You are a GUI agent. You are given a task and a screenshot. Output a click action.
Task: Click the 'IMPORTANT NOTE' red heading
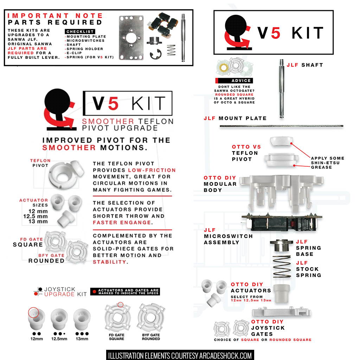coord(55,16)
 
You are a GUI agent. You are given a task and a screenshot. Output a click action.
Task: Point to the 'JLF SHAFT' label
coord(304,65)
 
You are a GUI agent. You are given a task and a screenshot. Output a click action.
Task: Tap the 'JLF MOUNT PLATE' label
coord(235,118)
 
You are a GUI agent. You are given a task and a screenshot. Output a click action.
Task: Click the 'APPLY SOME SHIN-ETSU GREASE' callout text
coord(327,162)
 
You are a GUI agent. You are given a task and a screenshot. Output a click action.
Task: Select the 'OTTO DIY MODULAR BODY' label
coord(220,184)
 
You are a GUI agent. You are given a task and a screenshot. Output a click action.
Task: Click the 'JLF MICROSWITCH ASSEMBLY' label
coord(228,236)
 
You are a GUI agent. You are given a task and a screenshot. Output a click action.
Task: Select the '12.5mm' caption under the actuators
coord(59,339)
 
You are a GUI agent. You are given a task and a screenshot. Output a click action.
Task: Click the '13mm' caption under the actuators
coord(82,339)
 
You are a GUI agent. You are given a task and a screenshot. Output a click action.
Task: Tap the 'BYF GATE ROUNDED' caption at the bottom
coord(151,337)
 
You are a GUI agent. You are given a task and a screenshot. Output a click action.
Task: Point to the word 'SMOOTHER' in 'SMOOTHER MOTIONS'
coord(69,147)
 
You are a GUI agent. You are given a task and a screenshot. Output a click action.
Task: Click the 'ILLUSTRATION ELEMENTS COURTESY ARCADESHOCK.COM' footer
coord(180,355)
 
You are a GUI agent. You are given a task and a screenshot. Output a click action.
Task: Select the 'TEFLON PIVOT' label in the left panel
coord(40,163)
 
